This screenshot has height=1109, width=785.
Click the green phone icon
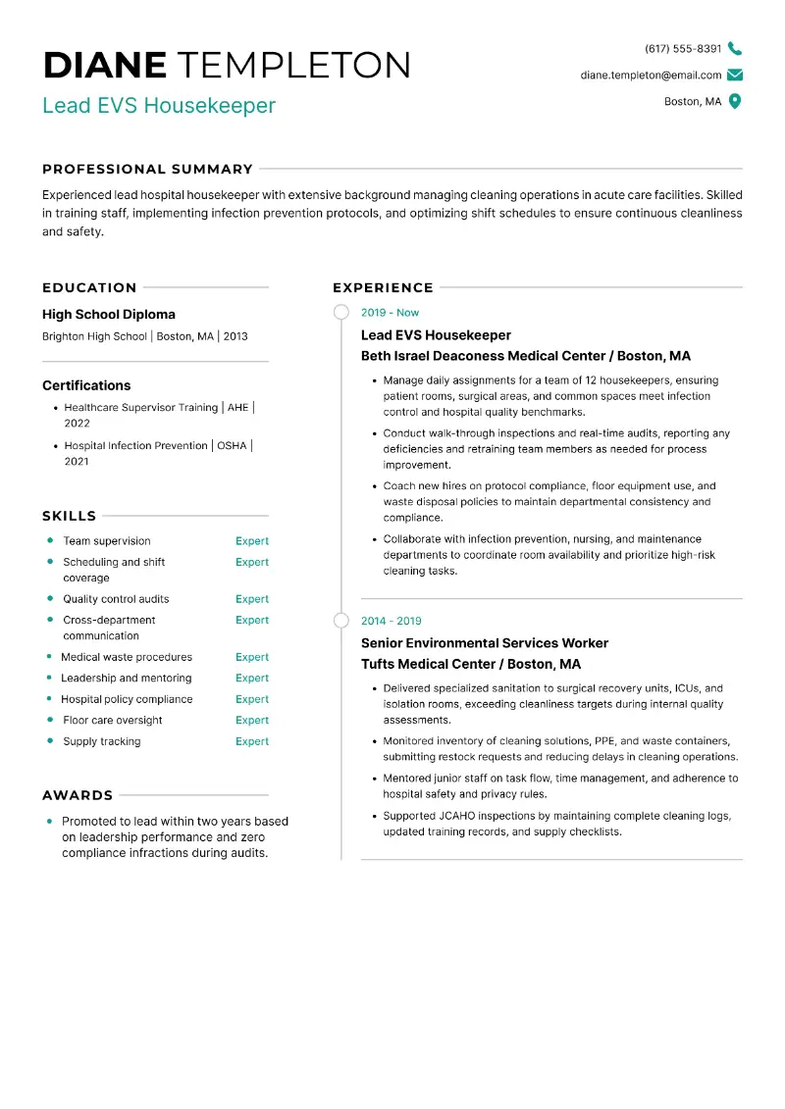point(735,48)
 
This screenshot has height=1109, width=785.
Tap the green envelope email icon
point(735,75)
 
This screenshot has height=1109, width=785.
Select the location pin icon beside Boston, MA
point(735,101)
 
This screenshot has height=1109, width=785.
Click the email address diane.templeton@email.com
point(651,75)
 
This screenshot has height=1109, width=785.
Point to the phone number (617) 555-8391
point(683,48)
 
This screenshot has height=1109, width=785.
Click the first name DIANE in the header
point(105,65)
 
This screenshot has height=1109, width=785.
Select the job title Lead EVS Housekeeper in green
point(159,105)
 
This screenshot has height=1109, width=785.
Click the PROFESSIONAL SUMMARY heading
point(147,169)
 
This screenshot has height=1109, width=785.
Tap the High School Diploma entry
point(109,314)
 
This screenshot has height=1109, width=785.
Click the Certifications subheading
point(86,385)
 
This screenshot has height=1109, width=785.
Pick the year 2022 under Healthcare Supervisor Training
point(77,424)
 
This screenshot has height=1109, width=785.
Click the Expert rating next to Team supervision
point(251,541)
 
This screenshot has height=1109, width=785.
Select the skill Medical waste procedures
point(127,657)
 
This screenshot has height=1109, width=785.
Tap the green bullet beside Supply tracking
point(49,741)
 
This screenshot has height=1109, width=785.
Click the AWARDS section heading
point(78,795)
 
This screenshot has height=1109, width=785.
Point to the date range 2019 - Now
point(390,313)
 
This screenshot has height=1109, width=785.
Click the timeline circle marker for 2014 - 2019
point(341,621)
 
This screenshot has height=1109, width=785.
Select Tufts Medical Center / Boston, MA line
point(471,664)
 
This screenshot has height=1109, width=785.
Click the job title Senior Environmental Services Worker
point(485,643)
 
